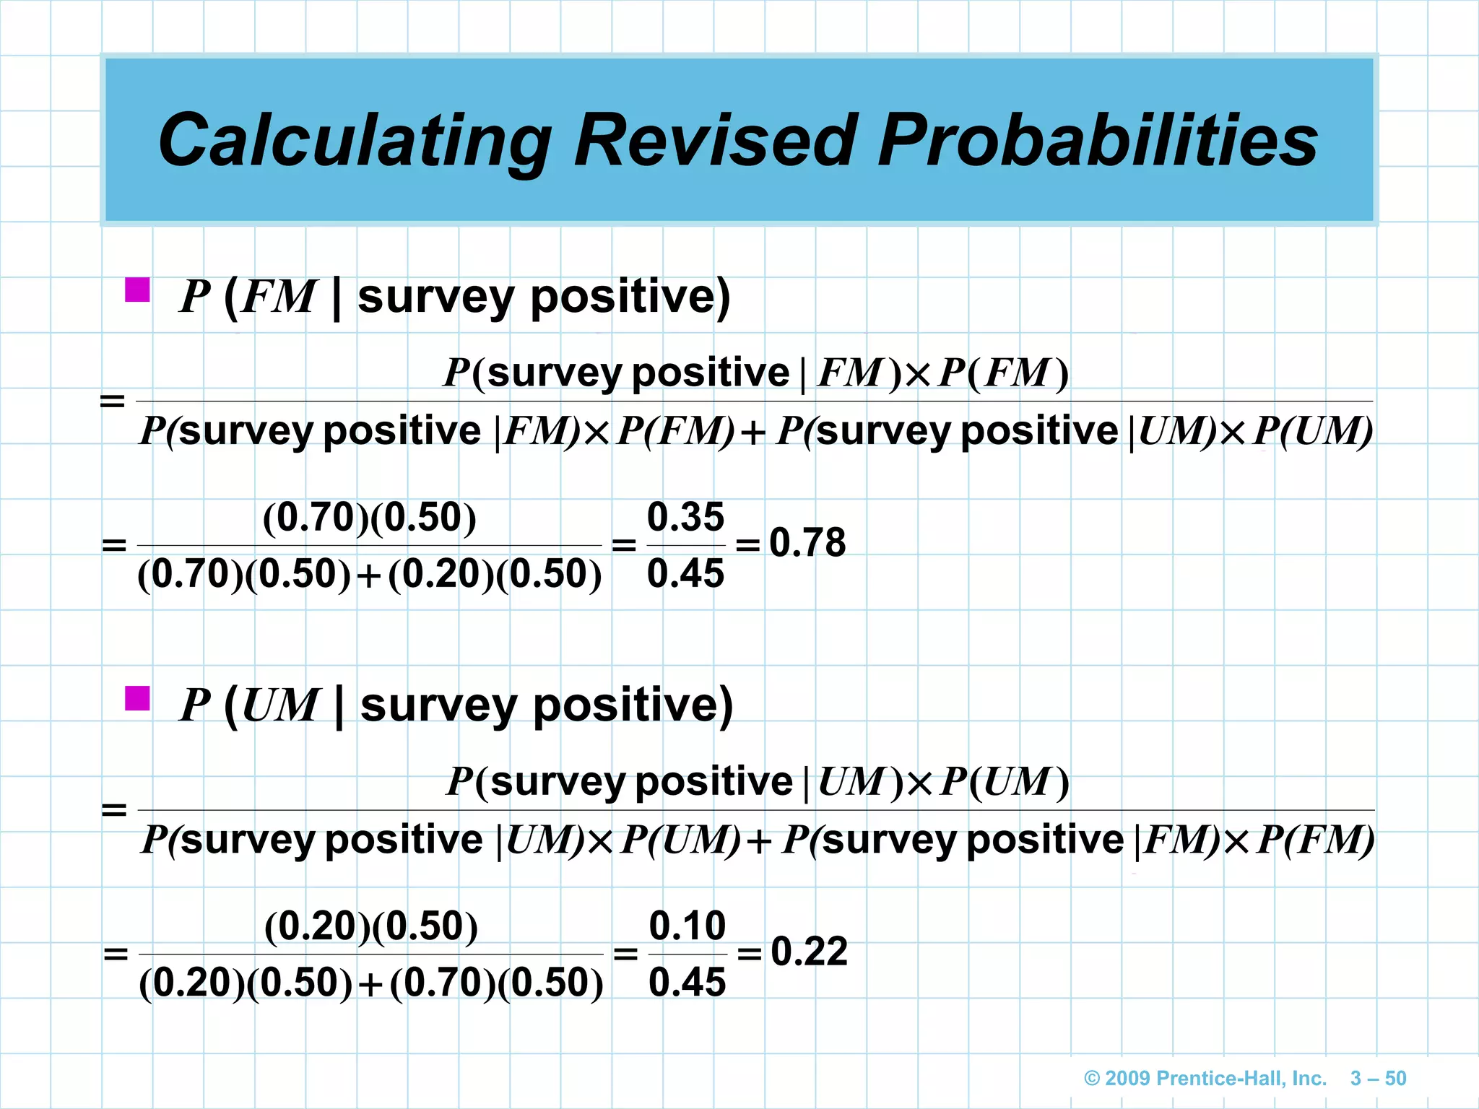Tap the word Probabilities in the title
(1098, 141)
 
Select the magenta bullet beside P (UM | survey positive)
(137, 698)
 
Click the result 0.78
(807, 543)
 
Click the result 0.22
(809, 952)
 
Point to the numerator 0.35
(685, 517)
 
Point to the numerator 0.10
(687, 926)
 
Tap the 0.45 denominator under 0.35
(685, 574)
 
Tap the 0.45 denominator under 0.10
(687, 983)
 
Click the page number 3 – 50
(1378, 1079)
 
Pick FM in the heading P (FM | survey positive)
(278, 297)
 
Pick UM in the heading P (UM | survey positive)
(279, 705)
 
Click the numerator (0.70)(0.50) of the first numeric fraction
(369, 518)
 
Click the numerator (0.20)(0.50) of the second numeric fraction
(370, 926)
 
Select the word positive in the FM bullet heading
(630, 297)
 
